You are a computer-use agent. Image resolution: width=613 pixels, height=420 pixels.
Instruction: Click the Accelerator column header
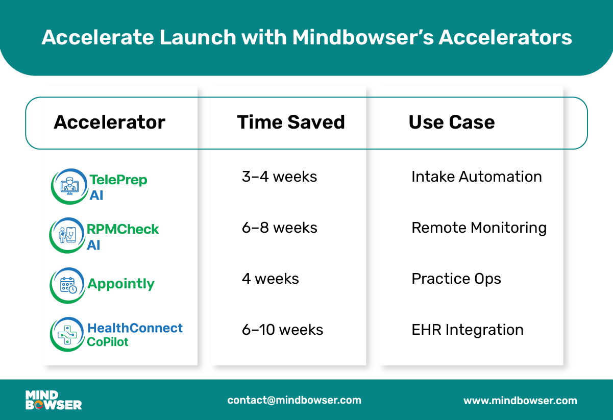(x=109, y=122)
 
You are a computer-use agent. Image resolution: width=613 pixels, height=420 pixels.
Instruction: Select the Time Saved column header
(x=291, y=122)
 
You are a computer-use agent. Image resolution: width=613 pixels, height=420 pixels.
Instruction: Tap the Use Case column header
(x=452, y=122)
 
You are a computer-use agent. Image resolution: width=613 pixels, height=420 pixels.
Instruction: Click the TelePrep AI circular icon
(x=69, y=186)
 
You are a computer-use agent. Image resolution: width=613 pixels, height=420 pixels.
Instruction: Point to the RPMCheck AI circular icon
(x=67, y=235)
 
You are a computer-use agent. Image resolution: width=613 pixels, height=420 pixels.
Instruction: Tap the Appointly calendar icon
(x=68, y=285)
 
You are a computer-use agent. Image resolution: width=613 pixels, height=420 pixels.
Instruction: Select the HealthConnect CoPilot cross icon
(x=67, y=334)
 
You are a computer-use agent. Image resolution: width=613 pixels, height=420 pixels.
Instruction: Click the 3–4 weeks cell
(x=279, y=177)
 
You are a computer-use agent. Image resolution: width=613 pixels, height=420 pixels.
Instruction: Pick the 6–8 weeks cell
(x=279, y=228)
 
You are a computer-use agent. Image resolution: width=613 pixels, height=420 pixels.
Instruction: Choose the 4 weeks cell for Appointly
(x=271, y=279)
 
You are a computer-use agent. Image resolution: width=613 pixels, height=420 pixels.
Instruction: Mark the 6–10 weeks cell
(x=282, y=330)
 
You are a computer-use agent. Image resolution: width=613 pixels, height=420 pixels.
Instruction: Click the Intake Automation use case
(x=477, y=177)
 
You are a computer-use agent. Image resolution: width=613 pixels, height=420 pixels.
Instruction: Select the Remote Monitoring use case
(x=479, y=228)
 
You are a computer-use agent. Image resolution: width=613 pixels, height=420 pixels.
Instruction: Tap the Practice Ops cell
(x=456, y=279)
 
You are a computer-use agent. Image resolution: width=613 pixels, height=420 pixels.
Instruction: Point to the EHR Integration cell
(x=468, y=330)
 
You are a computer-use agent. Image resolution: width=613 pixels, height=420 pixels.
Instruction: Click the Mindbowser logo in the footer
(x=54, y=400)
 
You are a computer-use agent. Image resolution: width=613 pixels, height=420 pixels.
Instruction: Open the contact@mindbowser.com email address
(x=294, y=400)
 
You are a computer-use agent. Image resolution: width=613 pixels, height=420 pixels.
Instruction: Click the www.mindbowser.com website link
(x=520, y=401)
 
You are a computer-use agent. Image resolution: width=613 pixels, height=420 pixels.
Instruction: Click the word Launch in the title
(x=198, y=37)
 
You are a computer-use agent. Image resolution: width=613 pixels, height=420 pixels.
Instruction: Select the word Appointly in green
(x=121, y=284)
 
